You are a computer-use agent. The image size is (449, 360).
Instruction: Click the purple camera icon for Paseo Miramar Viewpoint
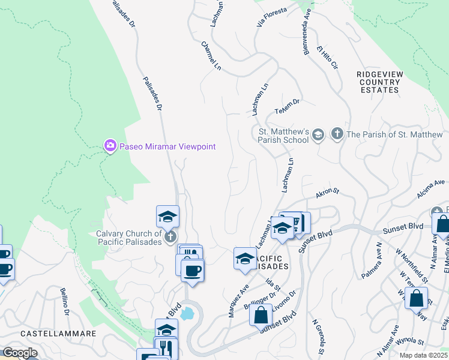point(110,146)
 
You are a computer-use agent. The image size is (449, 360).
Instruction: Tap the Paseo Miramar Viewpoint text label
point(166,146)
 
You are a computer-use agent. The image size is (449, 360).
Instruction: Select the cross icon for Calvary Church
point(170,236)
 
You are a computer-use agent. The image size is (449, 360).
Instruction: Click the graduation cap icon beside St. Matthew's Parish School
point(318,136)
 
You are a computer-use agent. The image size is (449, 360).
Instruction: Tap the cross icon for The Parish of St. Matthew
point(337,134)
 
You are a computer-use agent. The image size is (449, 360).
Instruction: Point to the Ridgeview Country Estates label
point(378,82)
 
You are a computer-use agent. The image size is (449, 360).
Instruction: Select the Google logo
point(19,353)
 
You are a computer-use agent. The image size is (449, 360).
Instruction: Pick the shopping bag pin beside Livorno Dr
point(261,315)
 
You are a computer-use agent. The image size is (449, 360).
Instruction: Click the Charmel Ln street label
point(212,55)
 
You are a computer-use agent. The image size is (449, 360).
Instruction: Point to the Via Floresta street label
point(272,17)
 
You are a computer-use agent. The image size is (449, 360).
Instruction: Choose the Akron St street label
point(328,193)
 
